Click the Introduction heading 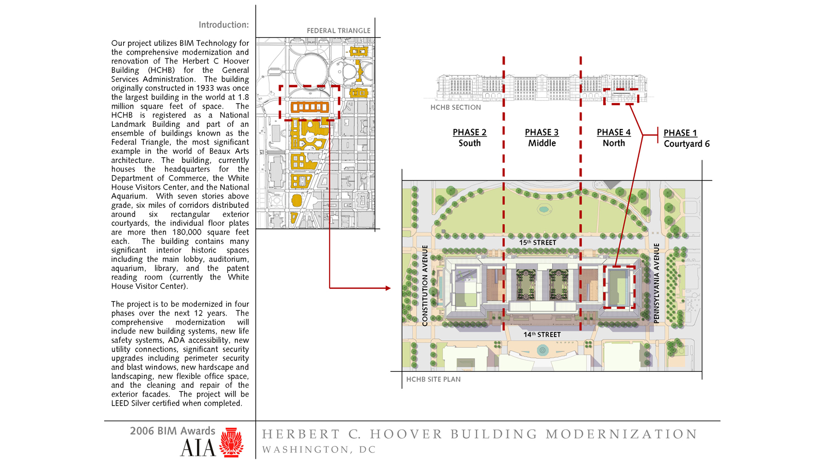pyautogui.click(x=224, y=25)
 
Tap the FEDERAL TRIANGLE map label pyautogui.click(x=338, y=30)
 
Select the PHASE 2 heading pyautogui.click(x=470, y=132)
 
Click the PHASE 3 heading pyautogui.click(x=542, y=132)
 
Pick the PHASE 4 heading pyautogui.click(x=614, y=132)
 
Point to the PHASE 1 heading pyautogui.click(x=680, y=133)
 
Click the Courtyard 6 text pyautogui.click(x=686, y=144)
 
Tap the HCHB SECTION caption pyautogui.click(x=456, y=108)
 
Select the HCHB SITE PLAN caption pyautogui.click(x=433, y=379)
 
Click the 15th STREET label pyautogui.click(x=537, y=242)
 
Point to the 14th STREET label pyautogui.click(x=542, y=335)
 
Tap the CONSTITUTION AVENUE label pyautogui.click(x=425, y=286)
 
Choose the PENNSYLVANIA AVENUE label pyautogui.click(x=656, y=284)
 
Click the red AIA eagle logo pyautogui.click(x=232, y=442)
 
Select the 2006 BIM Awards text pyautogui.click(x=172, y=431)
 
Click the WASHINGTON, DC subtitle pyautogui.click(x=319, y=450)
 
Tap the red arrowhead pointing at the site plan pyautogui.click(x=388, y=288)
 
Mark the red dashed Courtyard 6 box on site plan pyautogui.click(x=604, y=287)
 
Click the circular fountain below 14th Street pyautogui.click(x=542, y=350)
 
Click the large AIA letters pyautogui.click(x=198, y=448)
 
